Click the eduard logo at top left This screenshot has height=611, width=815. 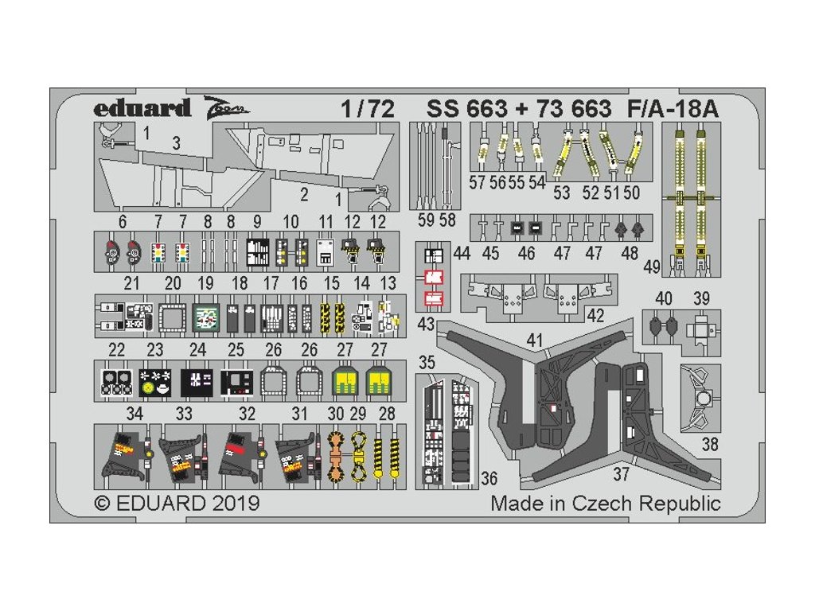click(x=142, y=108)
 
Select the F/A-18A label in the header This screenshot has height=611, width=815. click(x=673, y=109)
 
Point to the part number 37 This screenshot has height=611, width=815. click(x=622, y=475)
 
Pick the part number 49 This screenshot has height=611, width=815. click(x=651, y=267)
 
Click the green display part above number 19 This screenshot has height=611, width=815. click(x=206, y=318)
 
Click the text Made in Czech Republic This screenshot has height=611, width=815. click(x=605, y=504)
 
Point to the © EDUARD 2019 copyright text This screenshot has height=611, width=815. click(x=177, y=504)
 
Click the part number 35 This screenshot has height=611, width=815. click(x=427, y=363)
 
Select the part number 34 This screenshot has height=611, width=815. click(x=135, y=414)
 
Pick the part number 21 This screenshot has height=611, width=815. click(x=132, y=283)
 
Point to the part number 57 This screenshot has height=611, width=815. click(x=478, y=182)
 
